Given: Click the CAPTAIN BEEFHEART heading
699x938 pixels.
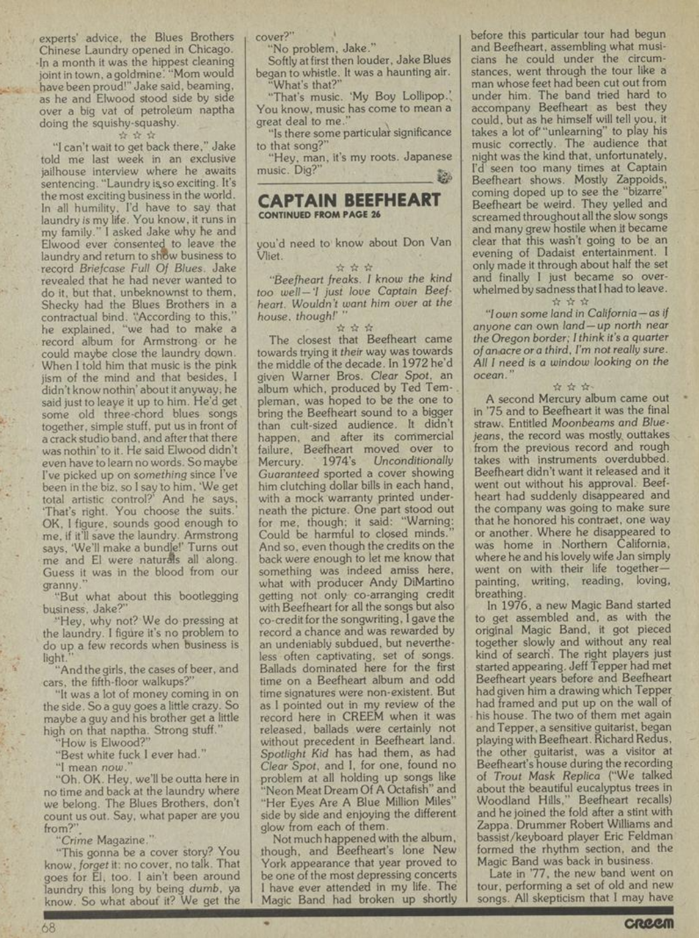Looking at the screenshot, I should [x=349, y=200].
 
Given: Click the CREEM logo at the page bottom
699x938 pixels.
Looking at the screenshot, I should [x=649, y=925].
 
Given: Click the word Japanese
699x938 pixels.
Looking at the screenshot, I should [x=424, y=157].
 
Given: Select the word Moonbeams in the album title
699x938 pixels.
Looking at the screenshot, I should [x=591, y=422].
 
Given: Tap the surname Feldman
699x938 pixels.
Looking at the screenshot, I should [x=645, y=836].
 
